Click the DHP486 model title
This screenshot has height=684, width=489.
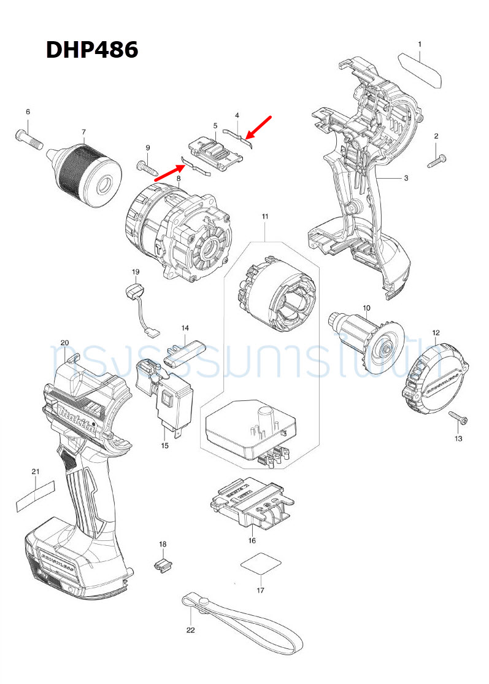[x=92, y=50]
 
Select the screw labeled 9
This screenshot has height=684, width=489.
[x=145, y=165]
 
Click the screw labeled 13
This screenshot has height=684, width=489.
[x=458, y=418]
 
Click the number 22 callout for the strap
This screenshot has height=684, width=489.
[x=190, y=630]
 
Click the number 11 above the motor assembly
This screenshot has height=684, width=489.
[x=265, y=217]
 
